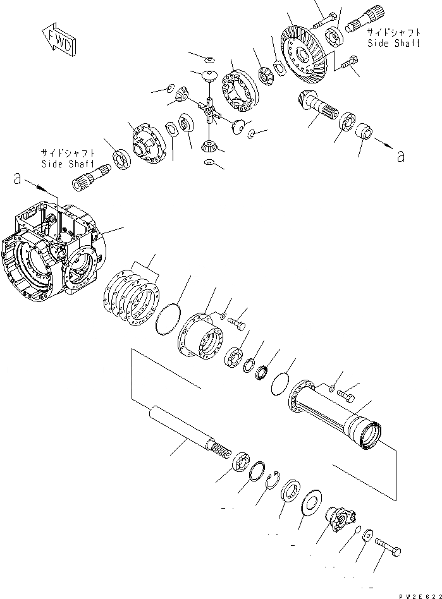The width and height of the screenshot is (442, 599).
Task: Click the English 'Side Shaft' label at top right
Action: (393, 43)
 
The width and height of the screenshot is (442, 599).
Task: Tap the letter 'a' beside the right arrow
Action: (400, 155)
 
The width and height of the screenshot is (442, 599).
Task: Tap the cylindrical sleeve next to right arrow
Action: (365, 135)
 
